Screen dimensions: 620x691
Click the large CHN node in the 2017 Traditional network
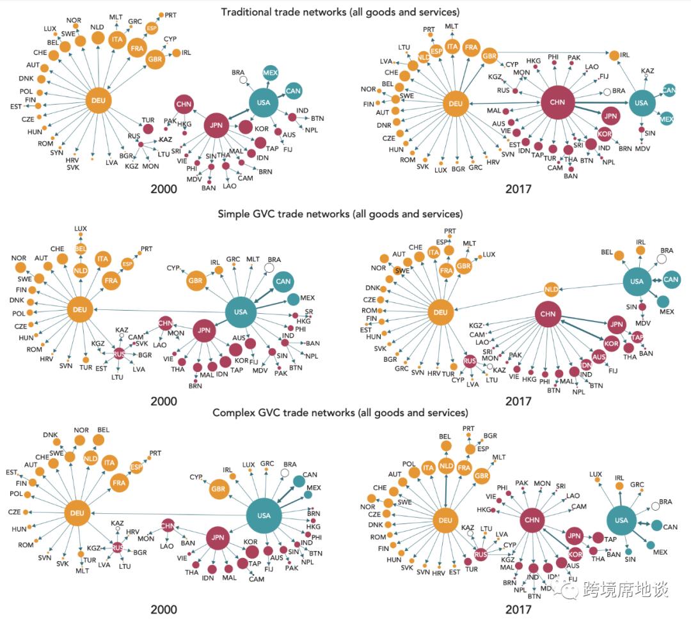point(558,102)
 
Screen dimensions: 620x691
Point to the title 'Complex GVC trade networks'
point(340,413)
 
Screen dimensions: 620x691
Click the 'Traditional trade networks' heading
point(340,12)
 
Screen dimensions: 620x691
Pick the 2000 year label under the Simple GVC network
point(163,402)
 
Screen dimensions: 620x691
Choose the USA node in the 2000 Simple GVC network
point(241,312)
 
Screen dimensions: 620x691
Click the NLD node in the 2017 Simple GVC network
point(552,290)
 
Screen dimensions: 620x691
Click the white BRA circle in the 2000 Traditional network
point(242,80)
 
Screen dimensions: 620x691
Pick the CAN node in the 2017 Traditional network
point(669,90)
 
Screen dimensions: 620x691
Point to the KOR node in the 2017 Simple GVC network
point(611,344)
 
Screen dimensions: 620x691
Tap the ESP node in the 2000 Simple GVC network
point(127,263)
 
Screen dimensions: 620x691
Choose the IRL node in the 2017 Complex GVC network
point(619,486)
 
